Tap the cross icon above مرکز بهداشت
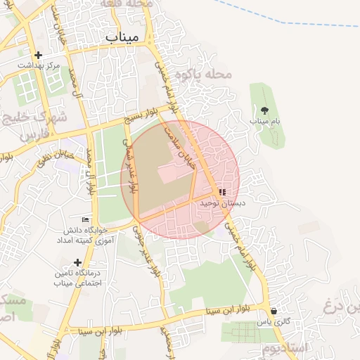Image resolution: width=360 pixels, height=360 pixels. point(38,55)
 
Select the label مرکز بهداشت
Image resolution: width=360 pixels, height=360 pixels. point(39,65)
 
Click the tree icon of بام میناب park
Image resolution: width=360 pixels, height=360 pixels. point(264,110)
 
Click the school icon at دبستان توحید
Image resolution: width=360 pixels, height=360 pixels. point(222,192)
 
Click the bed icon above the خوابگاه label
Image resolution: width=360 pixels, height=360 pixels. point(86,219)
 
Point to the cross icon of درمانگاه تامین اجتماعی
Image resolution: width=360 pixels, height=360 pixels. point(77,262)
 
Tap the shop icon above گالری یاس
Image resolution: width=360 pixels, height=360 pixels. point(273,311)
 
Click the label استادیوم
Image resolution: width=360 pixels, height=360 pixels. point(288,348)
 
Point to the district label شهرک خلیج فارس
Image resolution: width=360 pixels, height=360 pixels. point(32,123)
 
